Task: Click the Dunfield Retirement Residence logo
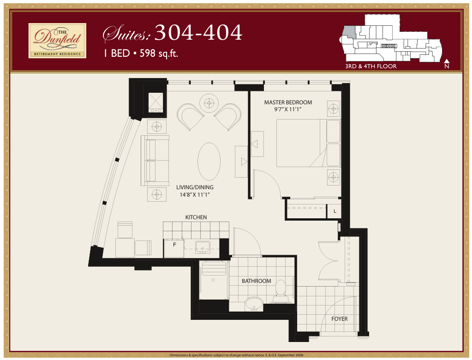point(57,41)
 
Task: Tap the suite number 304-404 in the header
point(198,32)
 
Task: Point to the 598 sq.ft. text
point(159,53)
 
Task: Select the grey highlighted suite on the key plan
point(349,32)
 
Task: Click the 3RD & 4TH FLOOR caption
point(371,66)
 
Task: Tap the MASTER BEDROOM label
point(288,102)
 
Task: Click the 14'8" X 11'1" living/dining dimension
point(194,194)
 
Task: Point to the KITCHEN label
point(196,217)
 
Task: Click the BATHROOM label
point(257,281)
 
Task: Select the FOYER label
point(339,319)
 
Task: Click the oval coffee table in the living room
point(209,162)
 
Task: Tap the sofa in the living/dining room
point(155,161)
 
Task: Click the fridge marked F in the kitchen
point(173,248)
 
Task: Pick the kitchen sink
point(203,247)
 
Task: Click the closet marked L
point(335,211)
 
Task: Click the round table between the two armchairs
point(209,103)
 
